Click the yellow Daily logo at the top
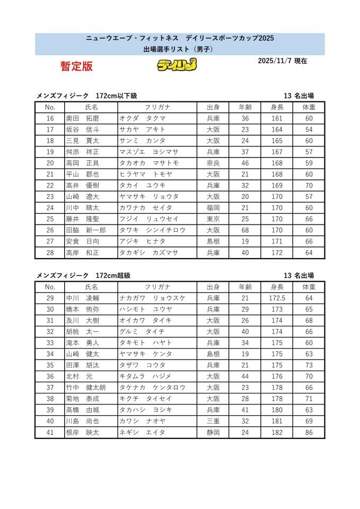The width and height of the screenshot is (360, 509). [177, 65]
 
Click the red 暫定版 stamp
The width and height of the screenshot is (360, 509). [76, 66]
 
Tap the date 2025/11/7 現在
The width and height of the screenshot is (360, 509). [282, 61]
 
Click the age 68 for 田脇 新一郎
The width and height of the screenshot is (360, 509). [244, 230]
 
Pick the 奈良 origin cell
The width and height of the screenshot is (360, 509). [213, 163]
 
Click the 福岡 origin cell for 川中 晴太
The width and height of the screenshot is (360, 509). [213, 208]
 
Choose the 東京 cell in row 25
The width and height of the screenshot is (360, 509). [213, 219]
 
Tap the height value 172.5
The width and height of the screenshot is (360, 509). [277, 298]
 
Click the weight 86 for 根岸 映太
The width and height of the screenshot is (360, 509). [309, 432]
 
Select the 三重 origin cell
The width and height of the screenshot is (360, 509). [213, 421]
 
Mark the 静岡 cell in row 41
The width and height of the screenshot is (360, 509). [213, 432]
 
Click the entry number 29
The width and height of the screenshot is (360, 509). [50, 298]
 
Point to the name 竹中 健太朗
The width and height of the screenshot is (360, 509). [85, 388]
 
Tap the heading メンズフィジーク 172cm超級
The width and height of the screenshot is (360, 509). [83, 276]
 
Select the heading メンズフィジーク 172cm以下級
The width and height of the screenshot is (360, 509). [86, 96]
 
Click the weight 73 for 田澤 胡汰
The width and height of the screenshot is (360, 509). [309, 365]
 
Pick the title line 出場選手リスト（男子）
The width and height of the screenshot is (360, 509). [180, 49]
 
